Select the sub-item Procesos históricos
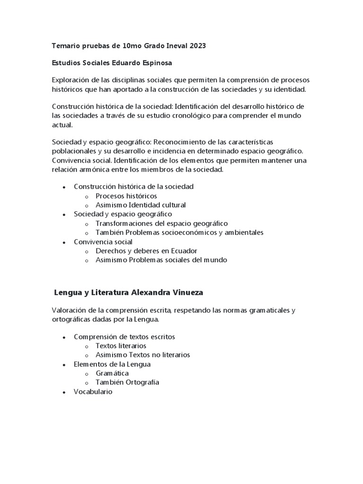126,196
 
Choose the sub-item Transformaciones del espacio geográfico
162,223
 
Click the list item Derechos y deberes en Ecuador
146,251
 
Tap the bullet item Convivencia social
103,242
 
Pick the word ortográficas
72,320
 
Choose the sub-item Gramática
112,373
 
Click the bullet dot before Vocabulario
64,392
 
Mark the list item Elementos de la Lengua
112,364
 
